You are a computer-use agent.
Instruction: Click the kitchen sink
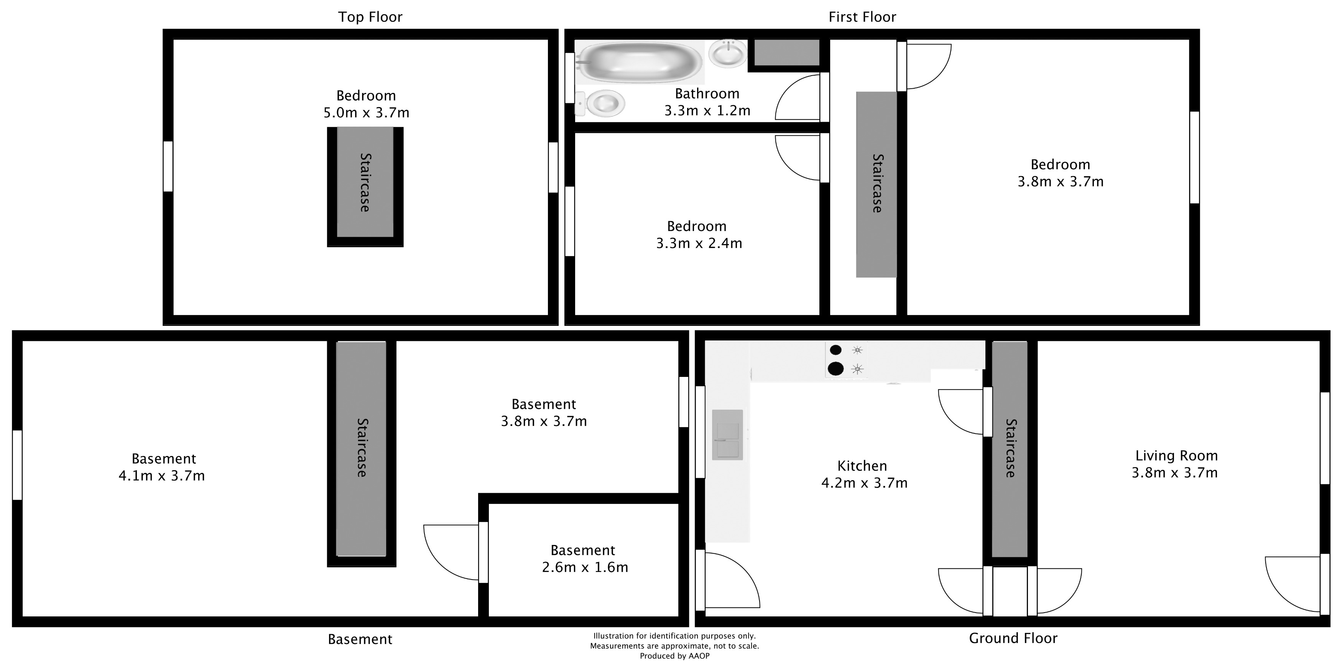(728, 434)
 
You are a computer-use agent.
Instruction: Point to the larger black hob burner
(835, 368)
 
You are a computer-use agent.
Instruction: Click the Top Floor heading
(370, 17)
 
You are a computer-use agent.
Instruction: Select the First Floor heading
(862, 17)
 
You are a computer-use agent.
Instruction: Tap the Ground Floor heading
(1013, 638)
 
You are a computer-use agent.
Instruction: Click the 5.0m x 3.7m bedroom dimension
(366, 112)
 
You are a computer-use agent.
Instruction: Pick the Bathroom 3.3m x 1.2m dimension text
(707, 111)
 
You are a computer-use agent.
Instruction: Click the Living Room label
(1176, 456)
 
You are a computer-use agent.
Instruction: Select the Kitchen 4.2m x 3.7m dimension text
(864, 483)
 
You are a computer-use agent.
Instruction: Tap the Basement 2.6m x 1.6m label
(584, 559)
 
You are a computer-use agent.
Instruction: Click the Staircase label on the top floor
(365, 182)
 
